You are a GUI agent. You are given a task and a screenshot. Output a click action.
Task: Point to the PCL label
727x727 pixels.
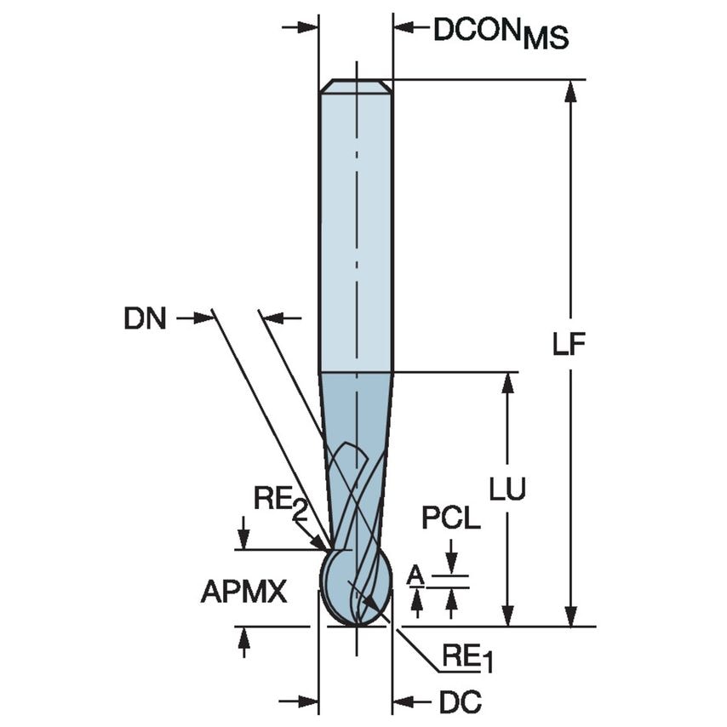pos(451,518)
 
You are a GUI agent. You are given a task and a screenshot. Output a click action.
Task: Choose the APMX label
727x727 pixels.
pos(244,591)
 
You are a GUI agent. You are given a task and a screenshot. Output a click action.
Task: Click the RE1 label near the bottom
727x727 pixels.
pos(467,657)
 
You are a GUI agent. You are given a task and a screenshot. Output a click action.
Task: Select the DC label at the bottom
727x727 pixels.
pos(461,702)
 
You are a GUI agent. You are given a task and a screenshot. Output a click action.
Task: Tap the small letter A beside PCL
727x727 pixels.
pos(415,576)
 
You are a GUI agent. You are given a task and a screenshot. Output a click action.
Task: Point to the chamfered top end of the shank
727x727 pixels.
pos(356,86)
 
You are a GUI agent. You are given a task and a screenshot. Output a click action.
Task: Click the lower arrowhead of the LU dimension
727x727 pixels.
pos(508,616)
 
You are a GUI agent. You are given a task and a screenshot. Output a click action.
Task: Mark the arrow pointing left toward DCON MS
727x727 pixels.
pos(404,28)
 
